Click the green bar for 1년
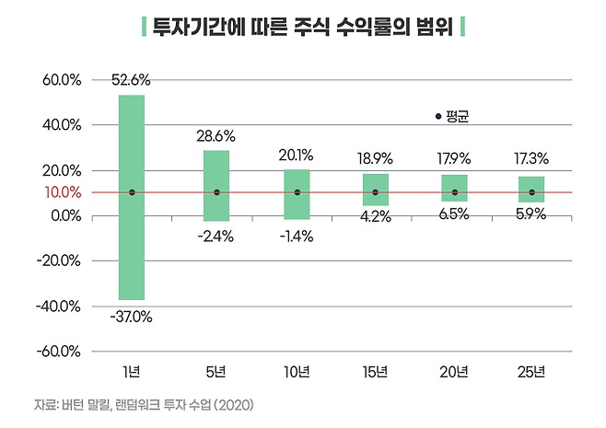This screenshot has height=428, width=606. pos(132,197)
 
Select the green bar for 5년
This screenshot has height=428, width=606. pos(216,185)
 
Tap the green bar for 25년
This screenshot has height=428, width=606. pos(531,189)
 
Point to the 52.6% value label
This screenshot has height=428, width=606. pos(132,79)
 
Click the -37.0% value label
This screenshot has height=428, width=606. pos(132,317)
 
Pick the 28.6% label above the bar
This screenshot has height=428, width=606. pos(216,135)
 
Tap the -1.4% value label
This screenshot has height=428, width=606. pos(297,236)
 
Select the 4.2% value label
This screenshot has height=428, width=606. pos(375,218)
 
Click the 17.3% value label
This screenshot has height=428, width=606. pos(531,159)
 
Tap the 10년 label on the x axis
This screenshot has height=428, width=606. pos(297,373)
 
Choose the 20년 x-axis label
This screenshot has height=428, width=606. pos(453,373)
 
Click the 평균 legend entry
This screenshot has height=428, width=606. pos(452,117)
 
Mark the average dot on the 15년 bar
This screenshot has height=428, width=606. pos(375,192)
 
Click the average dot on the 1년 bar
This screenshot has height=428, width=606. pos(132,192)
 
